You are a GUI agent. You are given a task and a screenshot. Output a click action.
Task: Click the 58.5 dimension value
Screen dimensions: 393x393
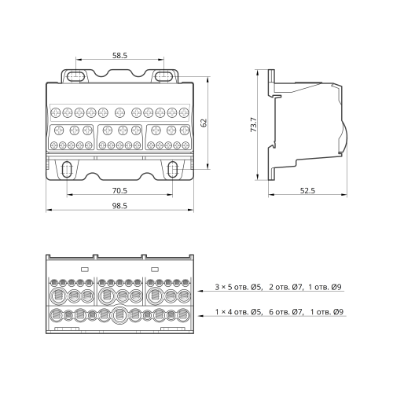click(119, 56)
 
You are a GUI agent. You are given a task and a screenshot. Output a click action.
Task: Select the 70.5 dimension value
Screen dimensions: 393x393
click(119, 190)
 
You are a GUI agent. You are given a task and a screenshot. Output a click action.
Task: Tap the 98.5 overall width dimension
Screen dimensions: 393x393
click(119, 206)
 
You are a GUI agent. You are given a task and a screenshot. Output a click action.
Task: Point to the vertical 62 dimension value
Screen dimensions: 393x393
click(204, 123)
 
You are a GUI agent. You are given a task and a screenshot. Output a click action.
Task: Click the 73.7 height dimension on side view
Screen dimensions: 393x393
click(254, 124)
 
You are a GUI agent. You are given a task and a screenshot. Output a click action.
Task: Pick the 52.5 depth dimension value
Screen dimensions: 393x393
click(307, 190)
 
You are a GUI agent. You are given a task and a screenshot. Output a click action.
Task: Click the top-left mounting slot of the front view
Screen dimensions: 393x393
click(75, 76)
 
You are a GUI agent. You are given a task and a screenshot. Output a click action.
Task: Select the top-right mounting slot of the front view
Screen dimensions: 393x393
click(163, 76)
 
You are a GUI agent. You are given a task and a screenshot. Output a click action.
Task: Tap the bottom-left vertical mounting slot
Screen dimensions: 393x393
click(67, 169)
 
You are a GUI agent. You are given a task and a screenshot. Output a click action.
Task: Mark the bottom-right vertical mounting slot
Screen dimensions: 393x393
click(173, 169)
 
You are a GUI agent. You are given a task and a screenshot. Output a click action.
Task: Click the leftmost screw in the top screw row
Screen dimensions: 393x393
click(56, 112)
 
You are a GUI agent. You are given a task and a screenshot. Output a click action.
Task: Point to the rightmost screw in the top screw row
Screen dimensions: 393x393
click(184, 112)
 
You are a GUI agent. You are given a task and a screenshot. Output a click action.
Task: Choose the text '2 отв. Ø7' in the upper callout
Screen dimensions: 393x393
click(286, 287)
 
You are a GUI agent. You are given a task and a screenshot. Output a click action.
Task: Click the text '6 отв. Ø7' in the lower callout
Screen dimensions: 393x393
click(286, 312)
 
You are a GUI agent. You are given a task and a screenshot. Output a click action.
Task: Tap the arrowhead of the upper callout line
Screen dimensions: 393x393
click(200, 291)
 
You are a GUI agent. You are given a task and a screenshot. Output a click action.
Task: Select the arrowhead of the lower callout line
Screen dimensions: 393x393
click(200, 316)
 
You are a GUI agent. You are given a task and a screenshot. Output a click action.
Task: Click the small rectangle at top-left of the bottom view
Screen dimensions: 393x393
click(85, 269)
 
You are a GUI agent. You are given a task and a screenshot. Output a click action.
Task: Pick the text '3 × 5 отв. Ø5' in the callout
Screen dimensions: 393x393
click(238, 287)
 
